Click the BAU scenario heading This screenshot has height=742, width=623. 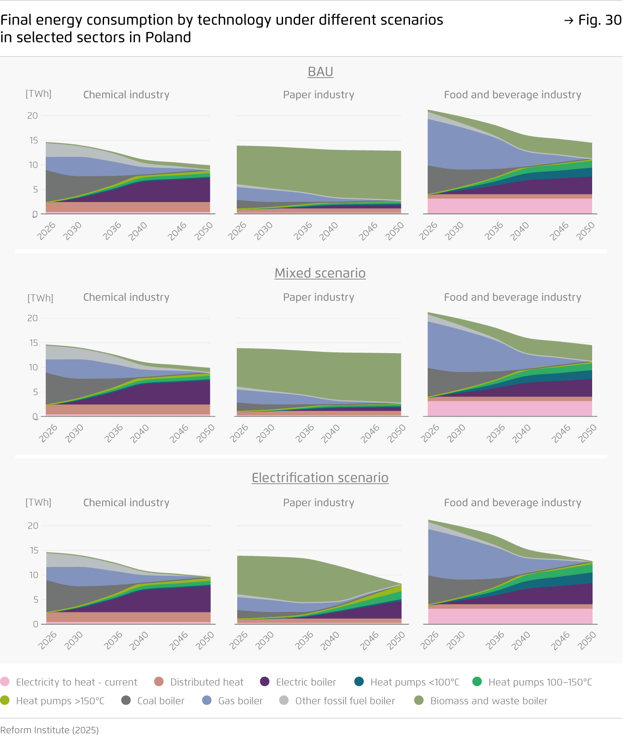(x=320, y=71)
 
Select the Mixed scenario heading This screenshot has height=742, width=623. (x=320, y=273)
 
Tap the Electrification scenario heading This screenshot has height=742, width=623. (x=320, y=477)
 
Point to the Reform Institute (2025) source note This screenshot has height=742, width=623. (x=49, y=730)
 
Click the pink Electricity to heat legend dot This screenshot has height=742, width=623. (x=5, y=682)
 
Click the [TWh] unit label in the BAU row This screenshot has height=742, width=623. (x=38, y=93)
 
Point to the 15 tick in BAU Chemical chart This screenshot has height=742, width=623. (x=34, y=140)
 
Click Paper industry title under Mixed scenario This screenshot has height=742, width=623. (x=318, y=297)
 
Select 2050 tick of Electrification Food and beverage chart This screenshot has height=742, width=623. (x=588, y=640)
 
